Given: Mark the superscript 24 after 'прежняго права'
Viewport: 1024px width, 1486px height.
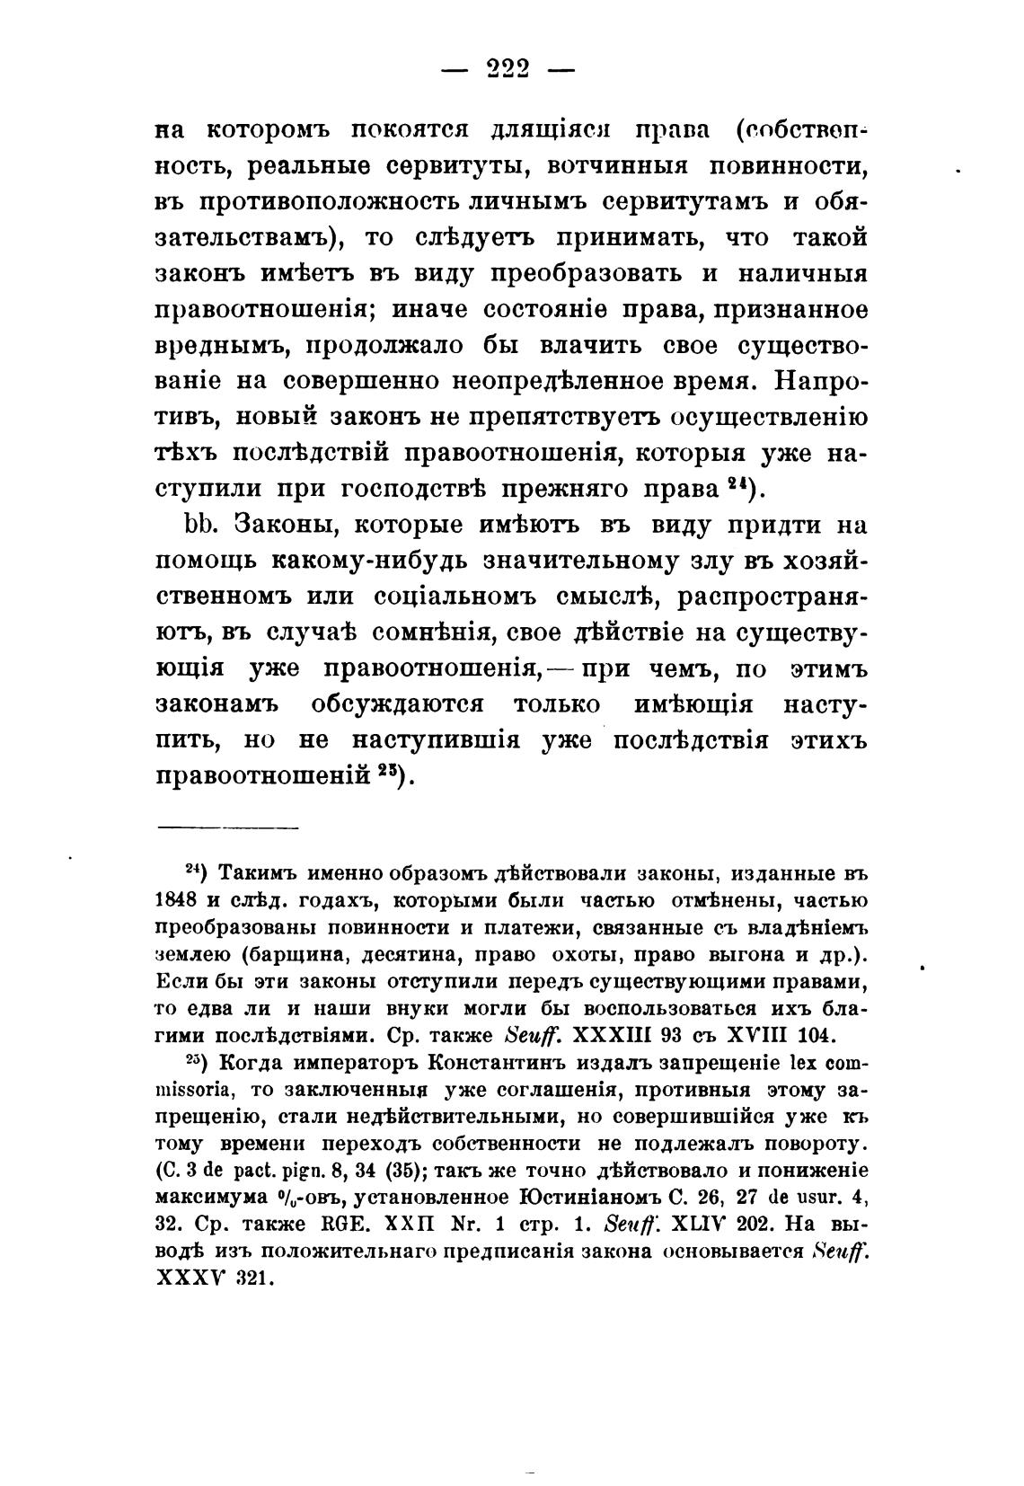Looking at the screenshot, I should click(739, 484).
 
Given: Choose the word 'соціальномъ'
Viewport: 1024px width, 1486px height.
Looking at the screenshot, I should click(419, 597).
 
